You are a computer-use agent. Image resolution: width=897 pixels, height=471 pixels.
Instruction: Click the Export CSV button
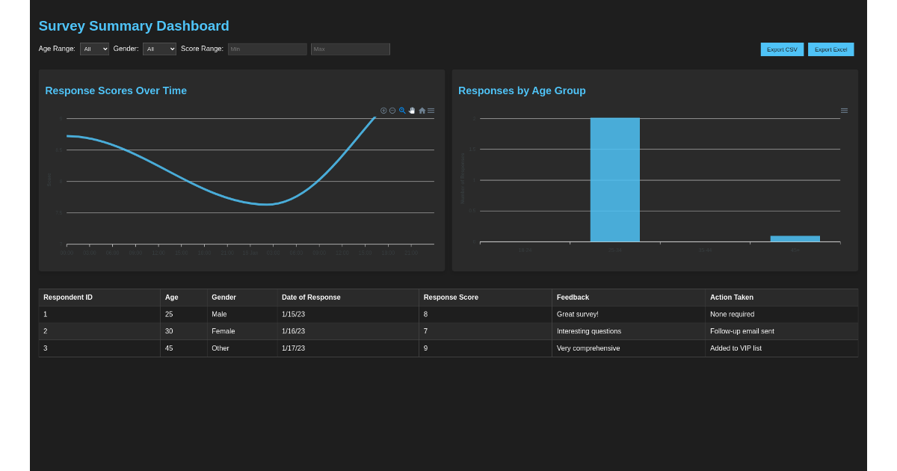point(782,49)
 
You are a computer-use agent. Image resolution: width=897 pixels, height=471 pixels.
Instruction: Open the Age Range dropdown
point(94,49)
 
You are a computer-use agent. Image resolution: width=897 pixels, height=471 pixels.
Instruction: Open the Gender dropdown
point(159,49)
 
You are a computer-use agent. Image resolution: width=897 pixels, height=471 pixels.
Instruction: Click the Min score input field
point(267,49)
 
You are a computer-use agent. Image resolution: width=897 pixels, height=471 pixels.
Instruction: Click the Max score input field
point(350,49)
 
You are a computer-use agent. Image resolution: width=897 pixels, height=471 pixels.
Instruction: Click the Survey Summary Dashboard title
point(134,26)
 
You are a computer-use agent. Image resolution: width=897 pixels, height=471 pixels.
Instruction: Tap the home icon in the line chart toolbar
point(422,111)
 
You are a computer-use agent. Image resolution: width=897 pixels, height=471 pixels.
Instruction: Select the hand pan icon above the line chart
point(412,111)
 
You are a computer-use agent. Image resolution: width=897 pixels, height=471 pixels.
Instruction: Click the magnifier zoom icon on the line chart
point(402,111)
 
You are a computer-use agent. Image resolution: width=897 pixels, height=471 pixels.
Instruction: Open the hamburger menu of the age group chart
point(844,111)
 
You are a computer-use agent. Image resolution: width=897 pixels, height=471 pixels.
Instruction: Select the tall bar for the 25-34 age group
point(614,179)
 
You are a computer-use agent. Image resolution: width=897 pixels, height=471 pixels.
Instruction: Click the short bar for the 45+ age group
point(795,238)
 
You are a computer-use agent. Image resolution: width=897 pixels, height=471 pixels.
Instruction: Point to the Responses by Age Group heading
point(522,90)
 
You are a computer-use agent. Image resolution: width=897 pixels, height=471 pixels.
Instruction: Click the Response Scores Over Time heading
point(116,90)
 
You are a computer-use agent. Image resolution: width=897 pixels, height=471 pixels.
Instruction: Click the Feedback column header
point(573,298)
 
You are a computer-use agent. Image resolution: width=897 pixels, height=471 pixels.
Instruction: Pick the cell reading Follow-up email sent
point(742,331)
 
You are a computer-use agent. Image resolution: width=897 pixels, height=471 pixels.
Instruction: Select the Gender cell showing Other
point(221,348)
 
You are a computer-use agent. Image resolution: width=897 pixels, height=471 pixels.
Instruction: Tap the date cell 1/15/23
point(293,314)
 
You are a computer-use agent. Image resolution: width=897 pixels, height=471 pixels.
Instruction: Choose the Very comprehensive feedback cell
point(588,348)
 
